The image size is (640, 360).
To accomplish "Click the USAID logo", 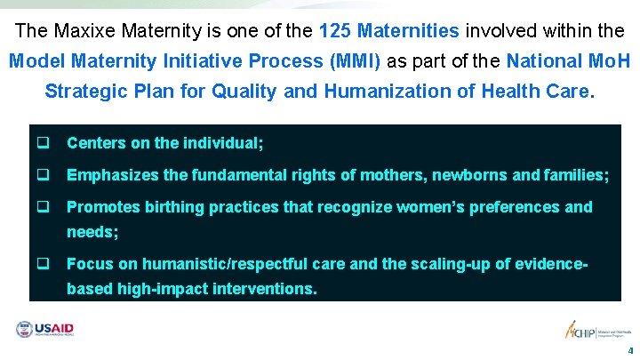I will (x=44, y=330).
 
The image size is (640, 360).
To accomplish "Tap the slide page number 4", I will (x=630, y=350).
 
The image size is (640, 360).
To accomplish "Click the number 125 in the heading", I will (x=335, y=31).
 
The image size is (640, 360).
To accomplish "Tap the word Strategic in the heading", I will (x=82, y=91).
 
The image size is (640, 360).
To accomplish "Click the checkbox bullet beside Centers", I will (x=42, y=142).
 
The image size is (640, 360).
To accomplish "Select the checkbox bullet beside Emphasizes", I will (x=42, y=175).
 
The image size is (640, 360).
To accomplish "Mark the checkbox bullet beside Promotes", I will (x=42, y=207).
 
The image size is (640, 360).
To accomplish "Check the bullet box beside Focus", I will (x=42, y=263).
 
